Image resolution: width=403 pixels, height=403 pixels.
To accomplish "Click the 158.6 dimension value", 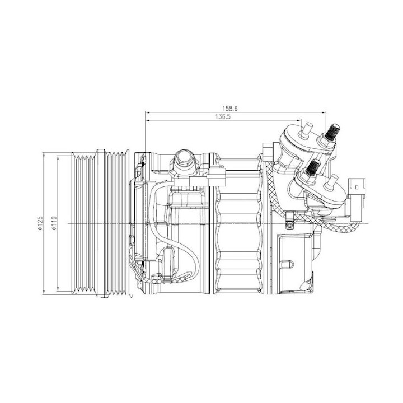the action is click(x=230, y=109).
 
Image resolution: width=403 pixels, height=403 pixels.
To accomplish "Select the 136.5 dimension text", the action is click(x=223, y=117).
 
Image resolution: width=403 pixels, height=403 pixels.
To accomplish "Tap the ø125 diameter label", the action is click(x=40, y=223).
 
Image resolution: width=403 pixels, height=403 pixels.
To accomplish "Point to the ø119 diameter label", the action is click(x=54, y=223).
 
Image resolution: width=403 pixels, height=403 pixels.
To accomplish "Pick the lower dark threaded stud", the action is click(x=314, y=167).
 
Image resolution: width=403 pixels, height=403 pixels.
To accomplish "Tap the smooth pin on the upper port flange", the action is click(x=307, y=130).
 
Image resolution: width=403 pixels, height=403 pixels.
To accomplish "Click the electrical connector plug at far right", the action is click(x=357, y=199).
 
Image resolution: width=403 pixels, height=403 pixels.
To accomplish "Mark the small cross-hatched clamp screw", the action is click(x=290, y=226).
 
